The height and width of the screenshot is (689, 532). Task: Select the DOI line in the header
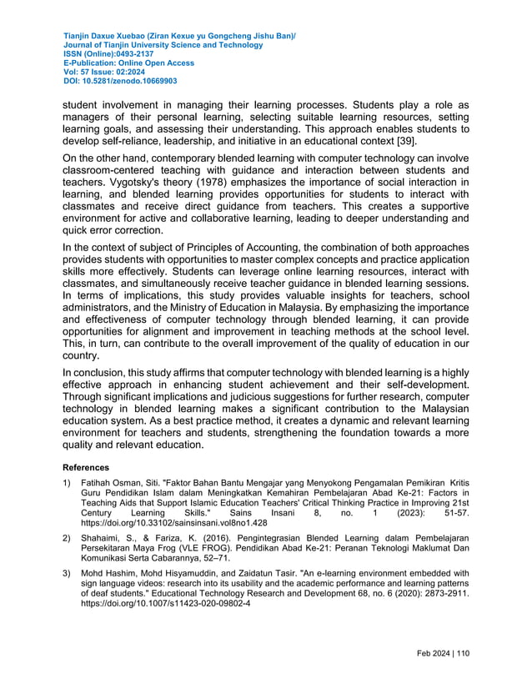click(120, 82)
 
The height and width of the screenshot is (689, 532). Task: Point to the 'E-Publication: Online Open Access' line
click(128, 63)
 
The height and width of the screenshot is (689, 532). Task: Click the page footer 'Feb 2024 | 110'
click(442, 654)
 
